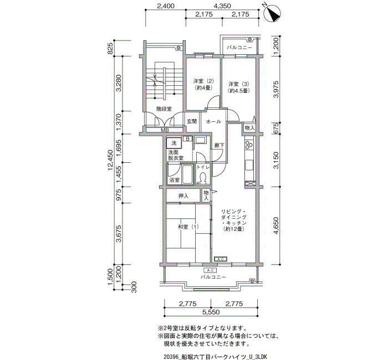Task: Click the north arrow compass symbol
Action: pos(272,13)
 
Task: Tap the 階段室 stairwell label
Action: pos(164,109)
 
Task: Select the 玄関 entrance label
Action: pos(192,121)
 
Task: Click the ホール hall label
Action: pos(213,121)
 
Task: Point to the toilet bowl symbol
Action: pos(203,178)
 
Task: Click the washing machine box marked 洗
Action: pos(174,143)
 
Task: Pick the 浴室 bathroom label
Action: pos(174,180)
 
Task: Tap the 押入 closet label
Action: pos(183,196)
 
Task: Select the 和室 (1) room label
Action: pos(188,227)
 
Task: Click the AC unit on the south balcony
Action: pos(210,270)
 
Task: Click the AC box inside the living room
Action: pos(221,259)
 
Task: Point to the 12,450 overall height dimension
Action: pos(111,160)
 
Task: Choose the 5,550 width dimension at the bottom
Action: pos(211,312)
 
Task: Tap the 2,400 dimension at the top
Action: pos(166,6)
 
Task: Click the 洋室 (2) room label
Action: pos(203,84)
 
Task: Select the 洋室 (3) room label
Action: pos(238,88)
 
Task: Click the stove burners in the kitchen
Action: pos(249,145)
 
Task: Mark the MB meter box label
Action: pos(165,130)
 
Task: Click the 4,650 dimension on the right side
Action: pos(276,225)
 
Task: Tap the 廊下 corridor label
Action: pos(219,145)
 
